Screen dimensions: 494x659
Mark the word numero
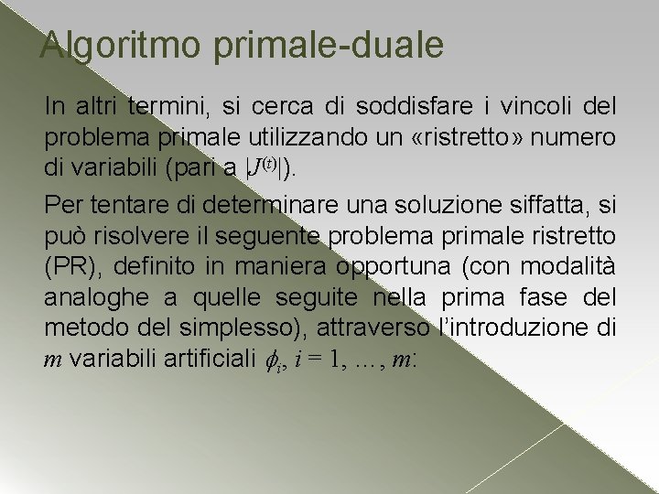point(579,139)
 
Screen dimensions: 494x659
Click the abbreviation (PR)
point(68,265)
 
